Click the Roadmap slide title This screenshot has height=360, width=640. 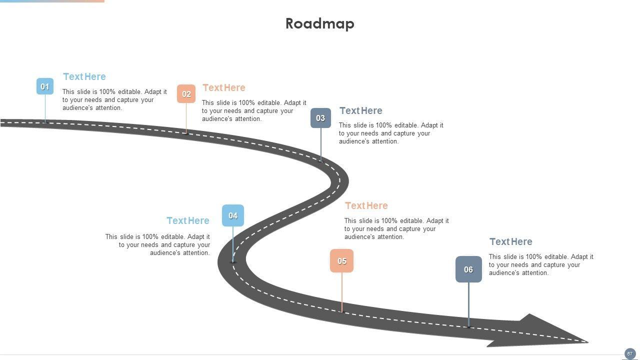pyautogui.click(x=320, y=23)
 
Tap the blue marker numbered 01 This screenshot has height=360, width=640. pyautogui.click(x=45, y=86)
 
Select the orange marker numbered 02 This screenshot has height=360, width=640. pyautogui.click(x=186, y=94)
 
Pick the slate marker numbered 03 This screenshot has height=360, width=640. pyautogui.click(x=320, y=118)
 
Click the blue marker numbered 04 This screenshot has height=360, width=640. pyautogui.click(x=233, y=215)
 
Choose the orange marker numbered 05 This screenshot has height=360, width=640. pyautogui.click(x=342, y=261)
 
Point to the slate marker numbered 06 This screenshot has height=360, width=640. pyautogui.click(x=468, y=269)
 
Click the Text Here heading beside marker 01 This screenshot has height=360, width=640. pyautogui.click(x=84, y=76)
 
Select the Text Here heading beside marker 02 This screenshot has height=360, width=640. pyautogui.click(x=224, y=87)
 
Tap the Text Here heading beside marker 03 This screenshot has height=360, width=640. pyautogui.click(x=361, y=110)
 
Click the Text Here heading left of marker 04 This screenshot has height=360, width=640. pyautogui.click(x=188, y=220)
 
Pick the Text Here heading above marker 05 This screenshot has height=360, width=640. pyautogui.click(x=366, y=205)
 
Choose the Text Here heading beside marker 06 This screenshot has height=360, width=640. pyautogui.click(x=511, y=241)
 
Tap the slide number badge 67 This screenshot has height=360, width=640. pyautogui.click(x=630, y=353)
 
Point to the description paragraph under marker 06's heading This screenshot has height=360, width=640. pyautogui.click(x=541, y=265)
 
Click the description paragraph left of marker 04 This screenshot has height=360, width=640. pyautogui.click(x=158, y=245)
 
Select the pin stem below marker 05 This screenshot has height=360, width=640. pyautogui.click(x=342, y=292)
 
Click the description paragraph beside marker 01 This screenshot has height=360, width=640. pyautogui.click(x=114, y=100)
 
